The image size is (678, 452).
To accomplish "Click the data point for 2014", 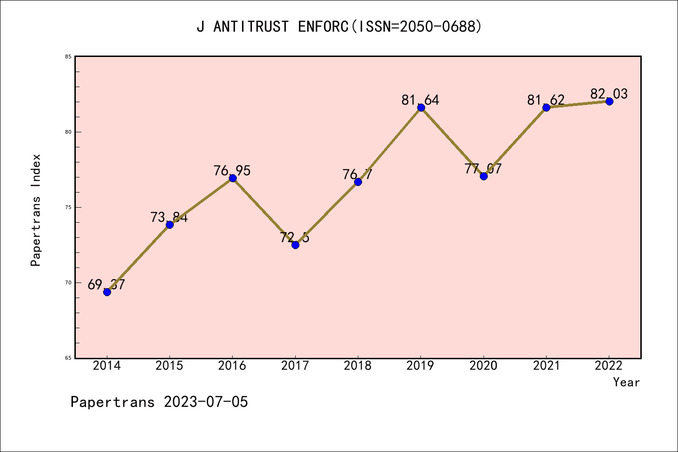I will coord(107,292).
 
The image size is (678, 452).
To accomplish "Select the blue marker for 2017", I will coord(295,245).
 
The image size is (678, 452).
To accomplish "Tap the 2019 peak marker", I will coord(421,107).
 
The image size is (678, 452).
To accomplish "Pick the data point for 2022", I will coord(609,101).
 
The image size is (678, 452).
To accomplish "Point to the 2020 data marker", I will coord(484,176).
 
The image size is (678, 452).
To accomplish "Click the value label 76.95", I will coord(232,170).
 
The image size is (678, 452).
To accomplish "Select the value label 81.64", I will coord(420,100).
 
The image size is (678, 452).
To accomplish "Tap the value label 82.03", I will coord(609,94).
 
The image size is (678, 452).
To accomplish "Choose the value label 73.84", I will coord(169,217).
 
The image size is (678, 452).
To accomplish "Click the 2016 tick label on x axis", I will coord(232,366).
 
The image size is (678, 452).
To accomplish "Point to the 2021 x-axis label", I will coord(546,366).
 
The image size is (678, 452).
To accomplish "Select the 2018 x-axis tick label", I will coord(358,366).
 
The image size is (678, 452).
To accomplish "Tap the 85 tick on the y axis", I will coord(68,57).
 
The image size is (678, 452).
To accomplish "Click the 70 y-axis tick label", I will coord(68,282).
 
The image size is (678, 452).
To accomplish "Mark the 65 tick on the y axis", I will coord(68,358).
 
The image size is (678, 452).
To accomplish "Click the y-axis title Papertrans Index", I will coord(36,210).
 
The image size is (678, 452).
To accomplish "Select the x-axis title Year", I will coord(626,382).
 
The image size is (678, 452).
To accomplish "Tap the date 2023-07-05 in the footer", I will coord(206,402).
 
